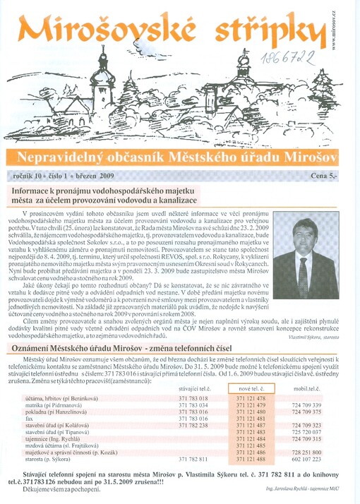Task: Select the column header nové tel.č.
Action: tap(251, 389)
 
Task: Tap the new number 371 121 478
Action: tap(251, 399)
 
